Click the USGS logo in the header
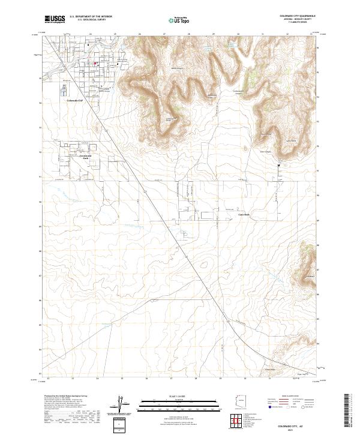(x=55, y=19)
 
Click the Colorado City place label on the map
(x=77, y=100)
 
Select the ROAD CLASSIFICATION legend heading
(x=289, y=397)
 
